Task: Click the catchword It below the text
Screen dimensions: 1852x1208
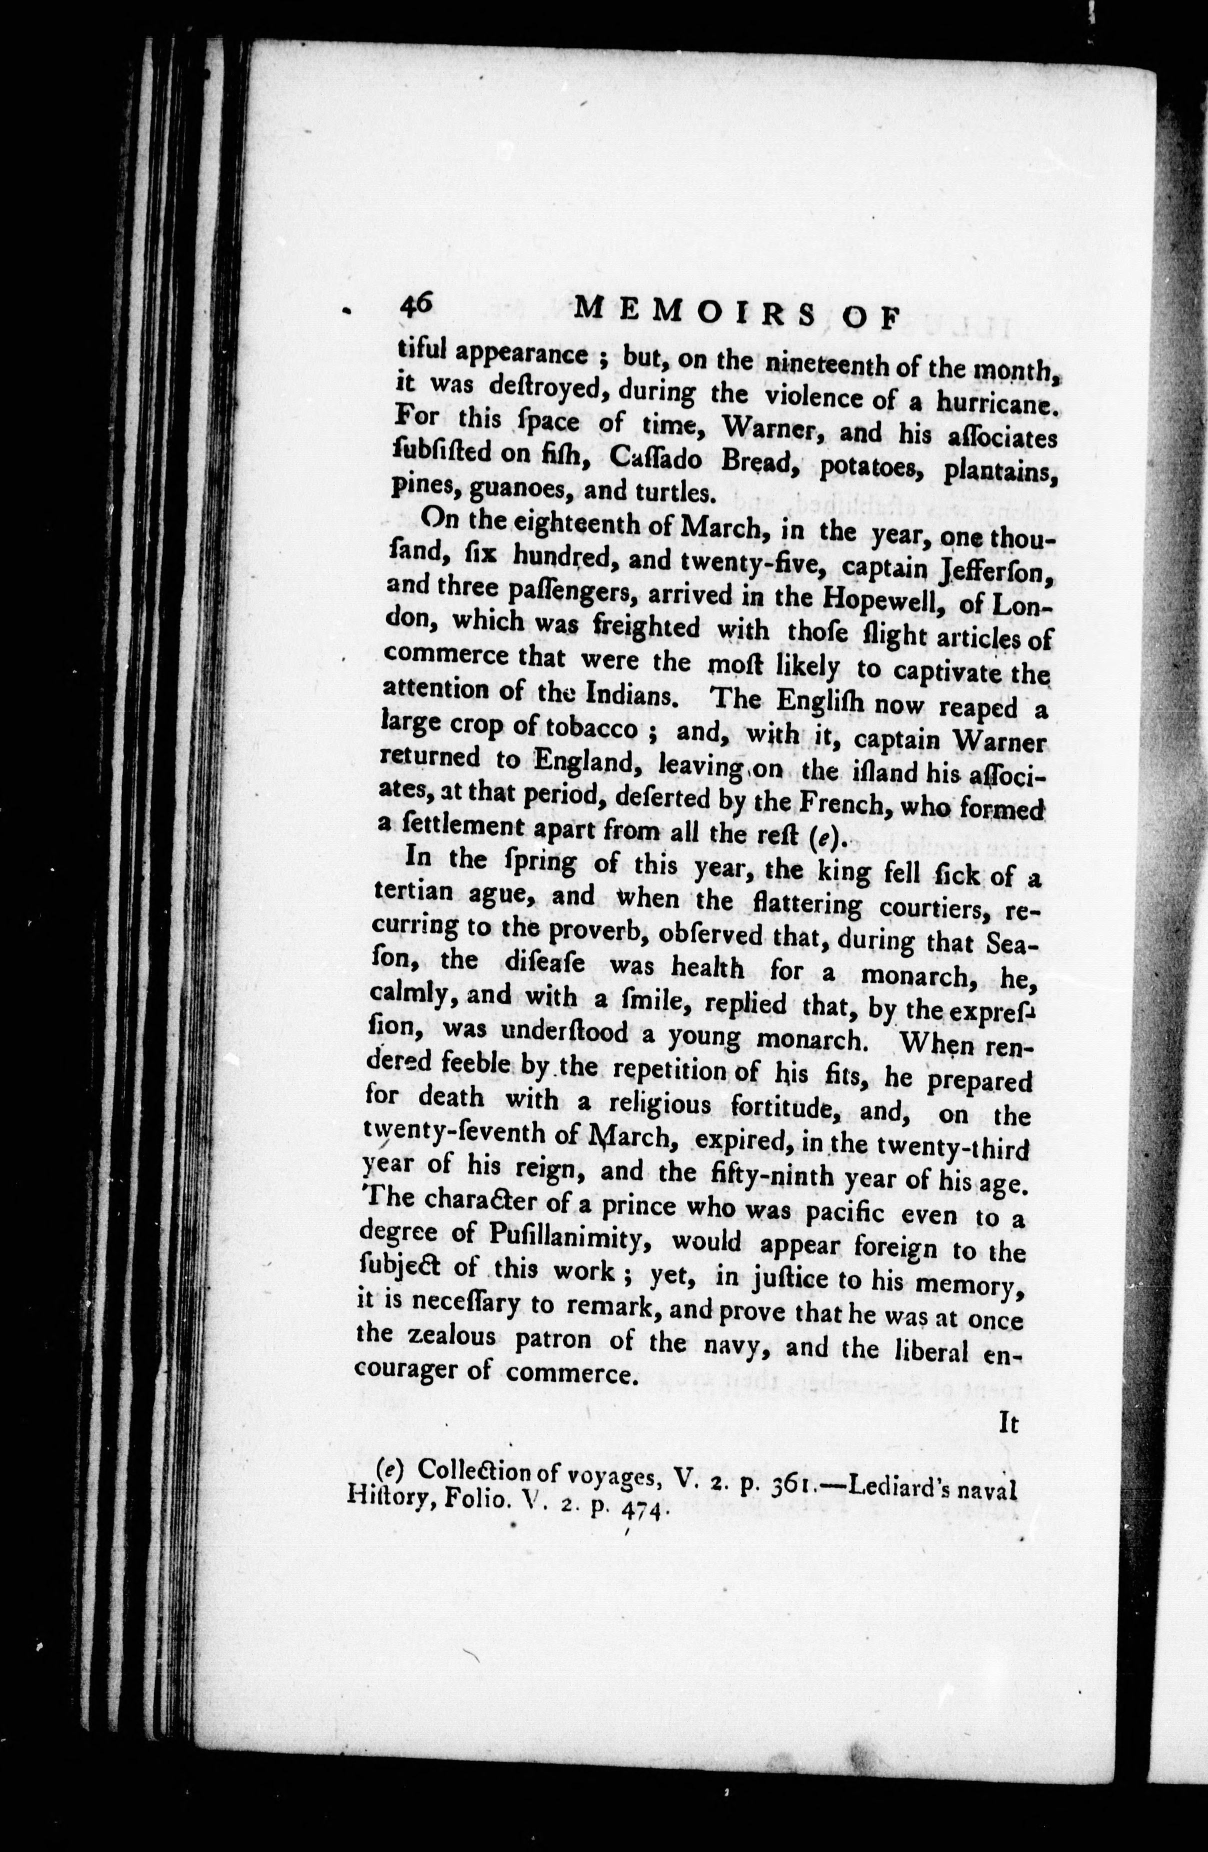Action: (1008, 1423)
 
